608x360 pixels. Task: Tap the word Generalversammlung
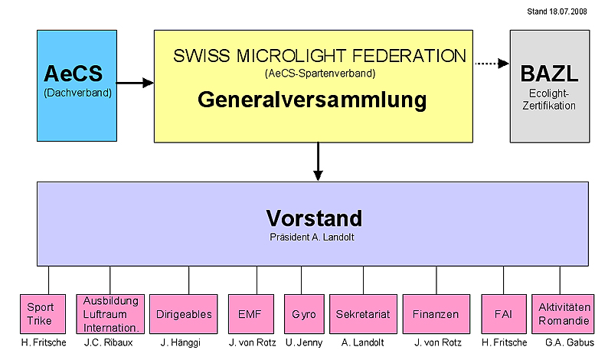(312, 100)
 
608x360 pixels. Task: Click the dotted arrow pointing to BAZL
(490, 64)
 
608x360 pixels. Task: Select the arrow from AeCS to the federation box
(136, 82)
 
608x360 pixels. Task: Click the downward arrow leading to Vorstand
(318, 162)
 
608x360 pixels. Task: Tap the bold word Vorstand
(313, 218)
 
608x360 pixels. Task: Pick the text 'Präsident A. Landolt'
(313, 237)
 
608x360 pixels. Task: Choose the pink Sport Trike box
(39, 315)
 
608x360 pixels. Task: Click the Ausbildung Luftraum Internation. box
(110, 314)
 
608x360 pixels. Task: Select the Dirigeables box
(185, 314)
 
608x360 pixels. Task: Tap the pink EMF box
(250, 314)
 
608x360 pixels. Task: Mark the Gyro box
(303, 314)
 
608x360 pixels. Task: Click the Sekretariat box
(363, 314)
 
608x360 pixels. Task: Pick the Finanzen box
(436, 314)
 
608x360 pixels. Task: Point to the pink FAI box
(503, 314)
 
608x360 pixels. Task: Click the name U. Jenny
(304, 342)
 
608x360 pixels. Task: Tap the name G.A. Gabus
(566, 342)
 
